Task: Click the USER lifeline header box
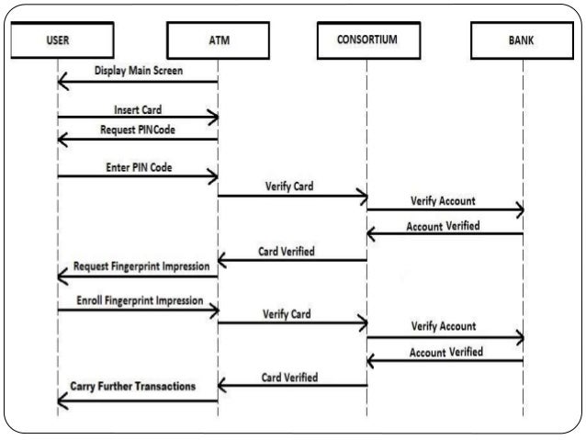pos(57,40)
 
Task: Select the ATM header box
pos(218,40)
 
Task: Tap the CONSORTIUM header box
pos(367,40)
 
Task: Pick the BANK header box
pos(523,40)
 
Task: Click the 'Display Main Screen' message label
pos(139,71)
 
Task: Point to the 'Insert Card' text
pos(138,109)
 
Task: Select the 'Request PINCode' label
pos(137,130)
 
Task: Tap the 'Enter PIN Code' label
pos(138,168)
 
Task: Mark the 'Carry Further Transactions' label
pos(133,387)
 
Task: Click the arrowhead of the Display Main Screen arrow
pos(62,83)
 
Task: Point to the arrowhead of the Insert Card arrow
pos(213,118)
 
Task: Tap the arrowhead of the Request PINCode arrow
pos(62,140)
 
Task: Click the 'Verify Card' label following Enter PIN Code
pos(289,185)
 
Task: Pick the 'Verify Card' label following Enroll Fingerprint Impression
pos(287,313)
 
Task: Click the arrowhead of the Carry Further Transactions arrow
pos(62,399)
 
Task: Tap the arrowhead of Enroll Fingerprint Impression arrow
pos(213,310)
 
